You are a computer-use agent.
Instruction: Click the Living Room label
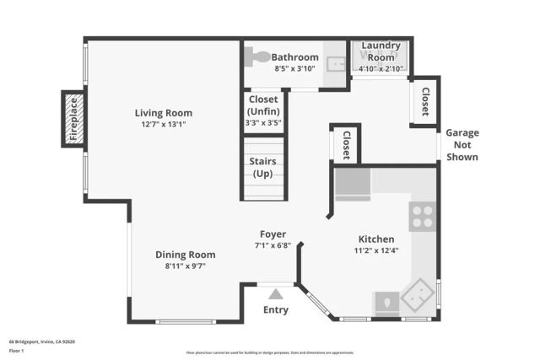164,113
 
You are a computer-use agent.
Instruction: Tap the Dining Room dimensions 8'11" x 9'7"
185,266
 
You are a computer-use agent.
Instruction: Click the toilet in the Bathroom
256,57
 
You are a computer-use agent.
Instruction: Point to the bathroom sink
336,62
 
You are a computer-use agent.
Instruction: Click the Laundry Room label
381,51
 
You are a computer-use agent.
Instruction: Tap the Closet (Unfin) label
262,106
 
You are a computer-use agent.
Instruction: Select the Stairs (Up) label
264,167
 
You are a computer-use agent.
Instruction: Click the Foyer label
273,234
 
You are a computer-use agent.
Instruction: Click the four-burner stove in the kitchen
422,218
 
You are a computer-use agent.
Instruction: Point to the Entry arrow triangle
275,294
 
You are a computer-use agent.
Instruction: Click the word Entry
275,309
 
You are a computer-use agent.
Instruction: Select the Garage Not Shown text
462,144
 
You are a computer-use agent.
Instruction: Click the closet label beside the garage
424,102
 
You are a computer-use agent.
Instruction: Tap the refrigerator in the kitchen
352,183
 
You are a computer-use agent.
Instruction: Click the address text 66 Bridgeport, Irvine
42,341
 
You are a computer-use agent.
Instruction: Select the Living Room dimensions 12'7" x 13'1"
164,124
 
